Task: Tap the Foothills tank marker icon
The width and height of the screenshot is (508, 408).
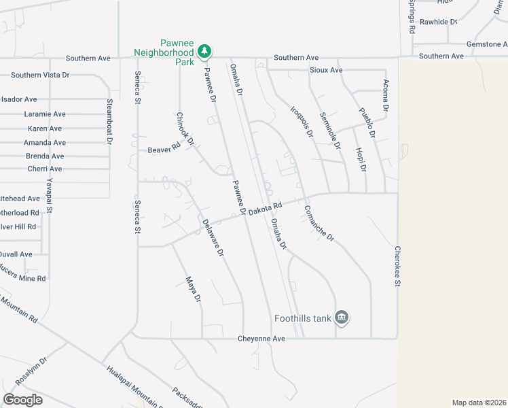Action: pos(342,318)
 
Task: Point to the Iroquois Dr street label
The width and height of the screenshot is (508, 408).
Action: pos(301,121)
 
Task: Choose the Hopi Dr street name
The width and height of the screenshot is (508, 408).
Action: pos(361,158)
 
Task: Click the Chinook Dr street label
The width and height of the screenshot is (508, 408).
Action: pos(185,129)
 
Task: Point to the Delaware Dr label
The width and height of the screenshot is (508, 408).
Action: pos(213,237)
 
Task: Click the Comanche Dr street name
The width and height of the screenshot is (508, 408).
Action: pos(319,224)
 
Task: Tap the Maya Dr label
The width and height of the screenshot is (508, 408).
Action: pos(194,288)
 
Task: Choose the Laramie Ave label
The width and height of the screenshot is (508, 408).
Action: pos(45,114)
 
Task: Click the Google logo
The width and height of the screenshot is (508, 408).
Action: pos(22,400)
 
